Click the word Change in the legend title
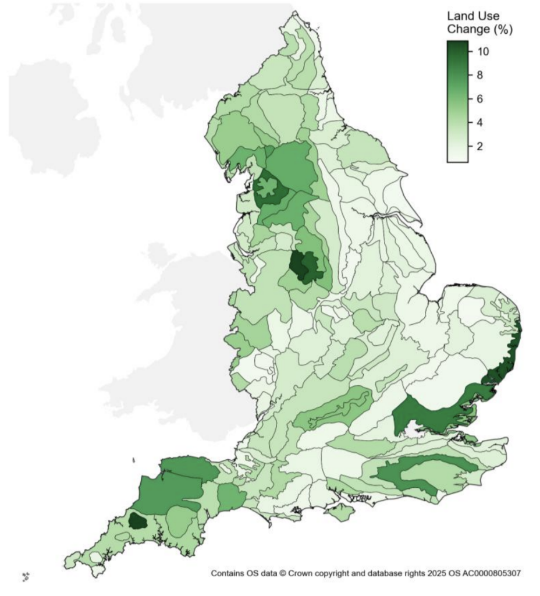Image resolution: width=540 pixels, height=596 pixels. [467, 30]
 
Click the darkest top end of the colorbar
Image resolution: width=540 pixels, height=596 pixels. [458, 44]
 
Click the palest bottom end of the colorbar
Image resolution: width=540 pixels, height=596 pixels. [458, 159]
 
